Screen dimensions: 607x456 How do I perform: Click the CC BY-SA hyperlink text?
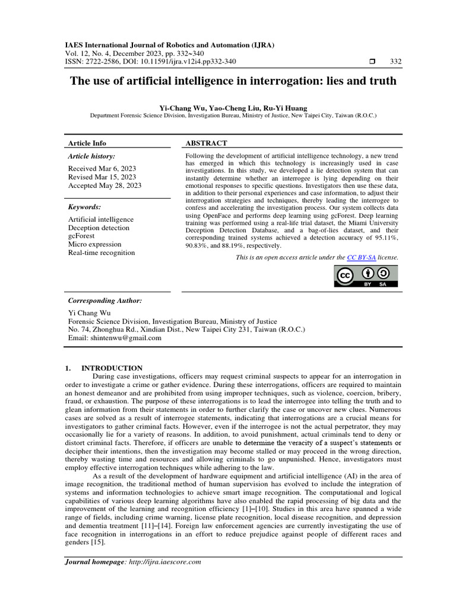tap(361, 258)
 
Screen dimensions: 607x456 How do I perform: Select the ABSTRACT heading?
tap(206, 143)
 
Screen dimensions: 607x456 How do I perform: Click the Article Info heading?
tap(87, 143)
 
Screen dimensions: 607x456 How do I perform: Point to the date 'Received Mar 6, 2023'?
tap(102, 168)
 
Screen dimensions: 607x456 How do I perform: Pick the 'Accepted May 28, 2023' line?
tap(104, 186)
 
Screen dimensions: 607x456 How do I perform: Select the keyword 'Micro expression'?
tap(94, 244)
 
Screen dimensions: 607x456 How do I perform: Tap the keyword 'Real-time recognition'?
tap(102, 253)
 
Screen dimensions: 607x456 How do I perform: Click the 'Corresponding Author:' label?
tap(105, 301)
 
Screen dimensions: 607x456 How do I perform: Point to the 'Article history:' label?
tap(92, 156)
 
